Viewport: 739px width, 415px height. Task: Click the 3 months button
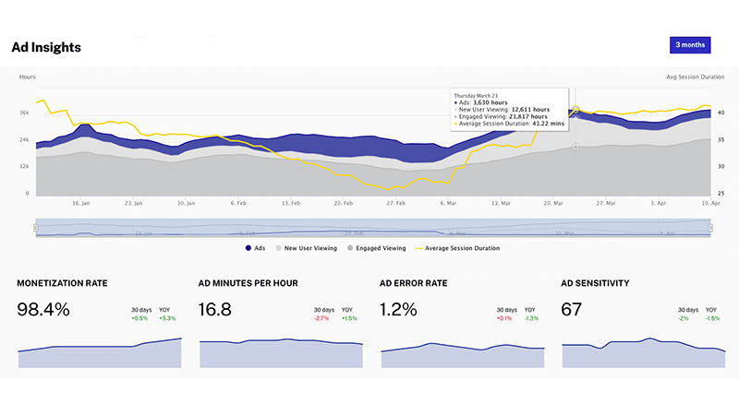pos(690,44)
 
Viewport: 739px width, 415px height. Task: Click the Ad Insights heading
pos(46,46)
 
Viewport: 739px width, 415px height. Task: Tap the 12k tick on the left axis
pos(24,167)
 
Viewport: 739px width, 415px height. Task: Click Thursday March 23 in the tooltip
pos(477,94)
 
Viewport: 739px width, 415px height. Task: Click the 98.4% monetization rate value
pos(43,310)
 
